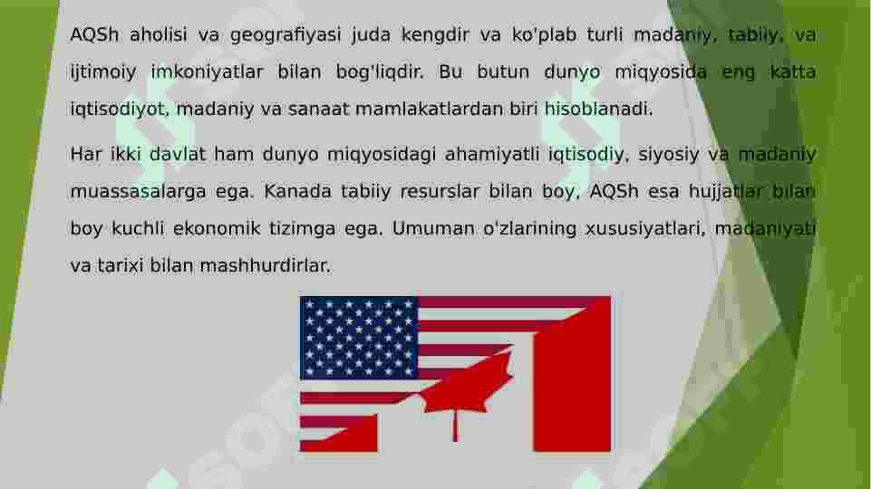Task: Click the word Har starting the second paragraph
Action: (86, 155)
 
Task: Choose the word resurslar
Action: (440, 192)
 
